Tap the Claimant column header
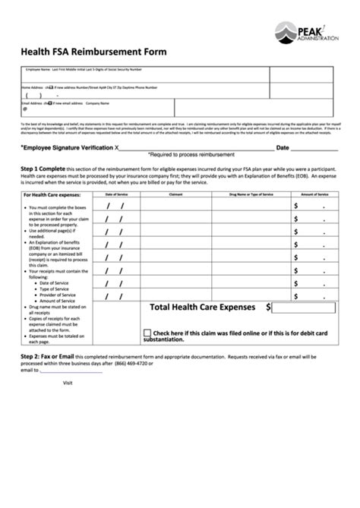175,195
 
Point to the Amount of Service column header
314,195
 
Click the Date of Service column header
116,195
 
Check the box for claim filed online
147,333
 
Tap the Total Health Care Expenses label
223,308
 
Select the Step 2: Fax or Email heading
47,356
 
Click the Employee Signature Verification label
66,148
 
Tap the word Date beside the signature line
283,148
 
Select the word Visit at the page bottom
68,383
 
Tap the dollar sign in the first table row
296,206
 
